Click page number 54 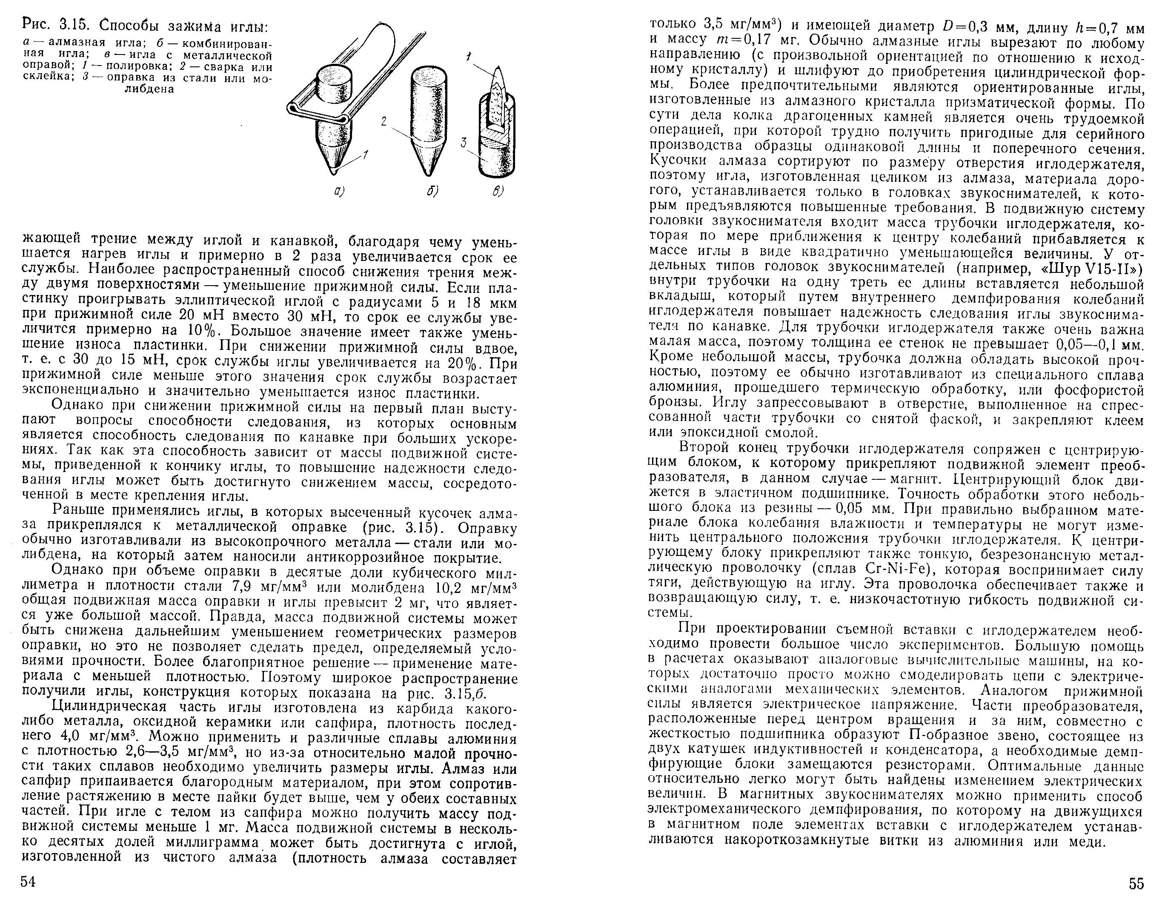[x=28, y=882]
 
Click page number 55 [x=1136, y=884]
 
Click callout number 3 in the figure [x=464, y=143]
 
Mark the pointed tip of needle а [x=333, y=172]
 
